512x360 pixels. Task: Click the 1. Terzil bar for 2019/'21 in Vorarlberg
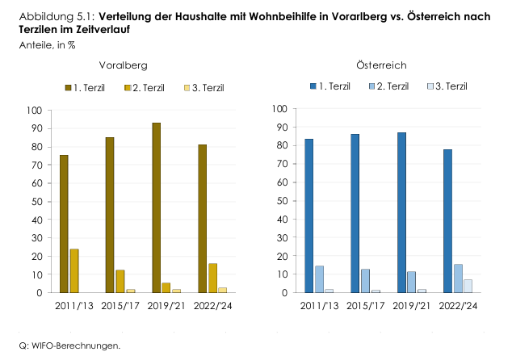[x=156, y=207]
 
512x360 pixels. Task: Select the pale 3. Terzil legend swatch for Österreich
[x=431, y=86]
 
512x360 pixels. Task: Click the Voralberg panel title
[x=123, y=65]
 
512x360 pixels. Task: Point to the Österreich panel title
[x=381, y=64]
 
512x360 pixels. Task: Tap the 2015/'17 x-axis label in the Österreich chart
[x=365, y=305]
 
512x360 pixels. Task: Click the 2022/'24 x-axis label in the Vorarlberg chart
[x=213, y=305]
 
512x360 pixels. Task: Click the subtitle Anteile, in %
[x=48, y=45]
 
